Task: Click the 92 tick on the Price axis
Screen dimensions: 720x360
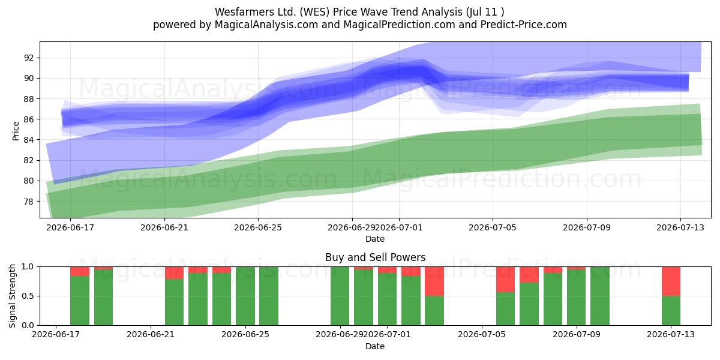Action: coord(28,58)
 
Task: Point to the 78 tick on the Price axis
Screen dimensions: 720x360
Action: coord(28,202)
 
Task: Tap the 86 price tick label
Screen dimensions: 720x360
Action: coord(28,119)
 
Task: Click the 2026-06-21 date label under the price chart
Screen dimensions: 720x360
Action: coord(164,227)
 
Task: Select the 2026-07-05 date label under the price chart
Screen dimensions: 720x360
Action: coord(493,227)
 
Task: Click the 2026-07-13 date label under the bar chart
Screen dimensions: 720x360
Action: coord(671,334)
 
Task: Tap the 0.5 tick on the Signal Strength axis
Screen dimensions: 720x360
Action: coord(28,296)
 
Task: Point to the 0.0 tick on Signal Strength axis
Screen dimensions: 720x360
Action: coord(28,325)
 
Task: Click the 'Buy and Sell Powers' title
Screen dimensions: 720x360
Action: coord(375,257)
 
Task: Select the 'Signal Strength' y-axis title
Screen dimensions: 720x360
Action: coord(12,296)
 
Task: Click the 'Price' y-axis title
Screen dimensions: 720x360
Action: coord(16,131)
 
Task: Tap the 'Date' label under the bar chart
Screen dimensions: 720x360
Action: coord(375,346)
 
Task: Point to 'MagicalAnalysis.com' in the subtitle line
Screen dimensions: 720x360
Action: coord(266,25)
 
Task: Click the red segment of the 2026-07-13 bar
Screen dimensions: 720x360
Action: coord(671,281)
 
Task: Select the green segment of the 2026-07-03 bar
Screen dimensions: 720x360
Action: coord(434,311)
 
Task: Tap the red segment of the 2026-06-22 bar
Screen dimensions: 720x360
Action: coord(174,273)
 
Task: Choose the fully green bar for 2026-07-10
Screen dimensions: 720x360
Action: coord(600,296)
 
